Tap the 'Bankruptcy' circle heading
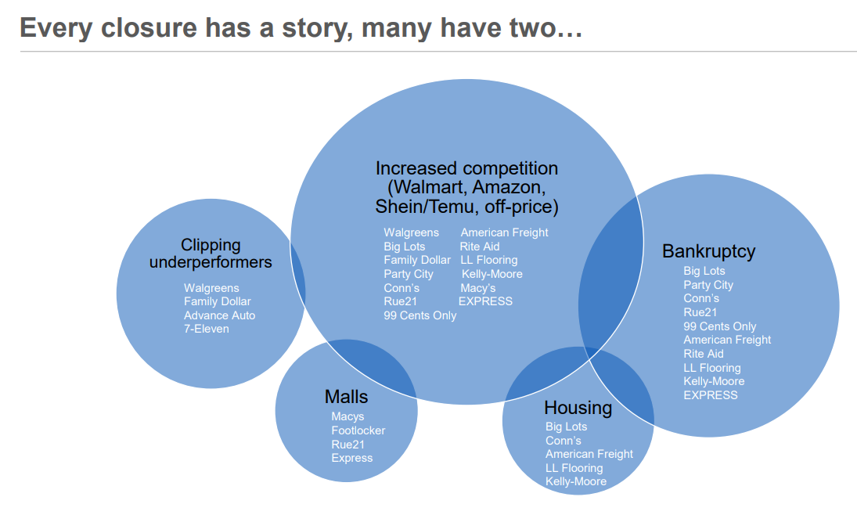[708, 251]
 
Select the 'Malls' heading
[346, 398]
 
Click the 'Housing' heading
[578, 408]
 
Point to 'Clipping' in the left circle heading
[211, 245]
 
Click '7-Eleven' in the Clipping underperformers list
[207, 329]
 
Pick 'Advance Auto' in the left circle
[219, 315]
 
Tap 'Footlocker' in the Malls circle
[358, 430]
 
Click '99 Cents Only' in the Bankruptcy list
[719, 326]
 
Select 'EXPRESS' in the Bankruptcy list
[710, 395]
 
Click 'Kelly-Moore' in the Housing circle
[575, 481]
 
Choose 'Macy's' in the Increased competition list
[477, 288]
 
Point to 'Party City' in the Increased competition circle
[408, 274]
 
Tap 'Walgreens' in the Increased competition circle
[411, 232]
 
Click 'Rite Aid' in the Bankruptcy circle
[703, 354]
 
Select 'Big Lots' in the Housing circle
[566, 427]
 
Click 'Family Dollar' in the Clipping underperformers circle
[218, 301]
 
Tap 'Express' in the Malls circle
[351, 458]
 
